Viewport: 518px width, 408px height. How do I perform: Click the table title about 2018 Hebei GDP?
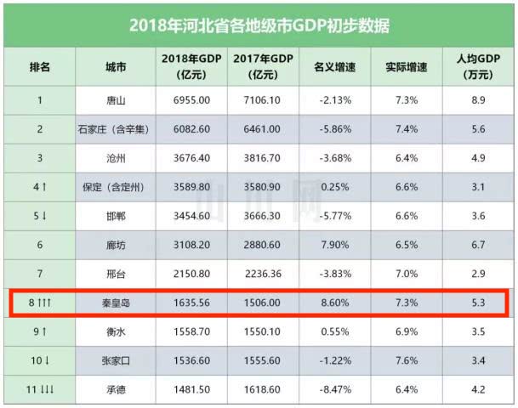[x=259, y=25]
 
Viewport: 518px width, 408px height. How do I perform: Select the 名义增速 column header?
[x=334, y=67]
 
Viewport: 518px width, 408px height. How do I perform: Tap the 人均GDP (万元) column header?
[x=478, y=66]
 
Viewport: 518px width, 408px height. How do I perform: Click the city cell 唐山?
[x=116, y=100]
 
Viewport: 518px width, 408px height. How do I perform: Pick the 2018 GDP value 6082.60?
[x=191, y=128]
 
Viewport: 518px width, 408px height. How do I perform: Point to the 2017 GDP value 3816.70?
[x=262, y=158]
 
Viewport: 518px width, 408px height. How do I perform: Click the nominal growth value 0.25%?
[x=334, y=187]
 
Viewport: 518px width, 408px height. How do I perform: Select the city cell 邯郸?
[x=116, y=216]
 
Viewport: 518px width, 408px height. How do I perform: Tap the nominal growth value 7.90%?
[x=334, y=245]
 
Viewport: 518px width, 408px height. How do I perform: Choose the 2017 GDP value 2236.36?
[x=264, y=274]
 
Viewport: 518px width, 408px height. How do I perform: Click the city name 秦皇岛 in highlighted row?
[x=116, y=303]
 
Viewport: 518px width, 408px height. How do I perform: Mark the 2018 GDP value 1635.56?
[x=191, y=303]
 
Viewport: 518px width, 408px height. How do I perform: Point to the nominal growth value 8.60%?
[x=334, y=303]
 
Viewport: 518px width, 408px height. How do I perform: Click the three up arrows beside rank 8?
[x=44, y=302]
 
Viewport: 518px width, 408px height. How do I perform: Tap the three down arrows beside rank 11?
[x=47, y=389]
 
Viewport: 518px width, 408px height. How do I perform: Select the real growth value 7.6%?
[x=407, y=360]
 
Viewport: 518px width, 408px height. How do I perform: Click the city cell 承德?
[x=116, y=390]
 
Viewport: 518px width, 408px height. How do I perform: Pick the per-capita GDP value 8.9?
[x=478, y=99]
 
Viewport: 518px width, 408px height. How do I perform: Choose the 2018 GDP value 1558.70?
[x=191, y=331]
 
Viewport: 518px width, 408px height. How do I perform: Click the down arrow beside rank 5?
[x=44, y=216]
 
